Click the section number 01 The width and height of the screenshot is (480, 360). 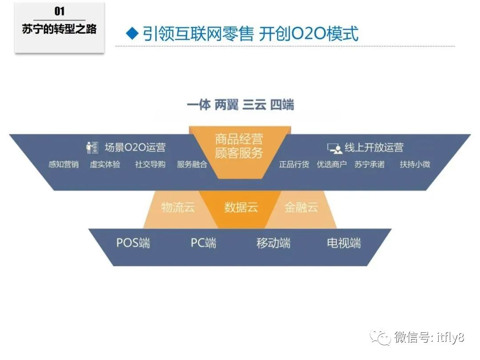click(59, 12)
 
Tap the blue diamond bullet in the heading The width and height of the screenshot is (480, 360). click(131, 34)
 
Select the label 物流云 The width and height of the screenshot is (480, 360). click(178, 207)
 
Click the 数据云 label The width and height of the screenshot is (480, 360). click(241, 207)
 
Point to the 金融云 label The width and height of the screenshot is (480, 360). click(301, 207)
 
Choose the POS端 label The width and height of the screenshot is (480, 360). click(133, 243)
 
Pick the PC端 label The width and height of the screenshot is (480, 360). click(204, 243)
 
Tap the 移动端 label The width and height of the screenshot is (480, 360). click(273, 243)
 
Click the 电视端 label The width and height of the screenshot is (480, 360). click(344, 243)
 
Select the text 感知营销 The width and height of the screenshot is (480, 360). click(64, 164)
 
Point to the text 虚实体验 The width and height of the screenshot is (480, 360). click(105, 164)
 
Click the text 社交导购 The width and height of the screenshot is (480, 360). click(150, 164)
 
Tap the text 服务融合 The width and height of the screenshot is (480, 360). click(192, 164)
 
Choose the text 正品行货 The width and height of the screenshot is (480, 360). click(294, 164)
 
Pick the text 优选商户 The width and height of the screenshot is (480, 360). click(332, 164)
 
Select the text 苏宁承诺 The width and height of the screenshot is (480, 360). click(369, 164)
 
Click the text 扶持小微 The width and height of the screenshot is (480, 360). click(415, 164)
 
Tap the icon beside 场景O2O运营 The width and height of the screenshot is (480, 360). click(92, 148)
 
